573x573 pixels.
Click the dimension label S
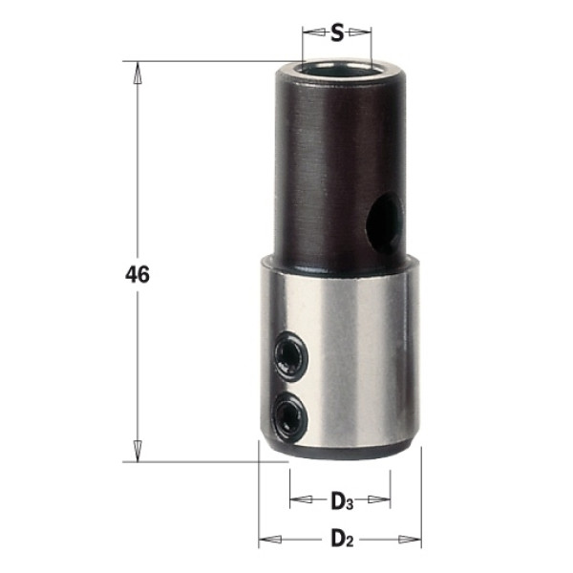[337, 33]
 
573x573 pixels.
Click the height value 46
[138, 274]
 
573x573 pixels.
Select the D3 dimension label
[342, 501]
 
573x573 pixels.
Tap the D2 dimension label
[342, 539]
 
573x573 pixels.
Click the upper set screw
[291, 356]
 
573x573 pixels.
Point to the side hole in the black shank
[384, 223]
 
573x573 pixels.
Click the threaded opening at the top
[337, 69]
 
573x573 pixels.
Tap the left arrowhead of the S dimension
[314, 32]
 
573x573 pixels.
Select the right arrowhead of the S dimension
[360, 32]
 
